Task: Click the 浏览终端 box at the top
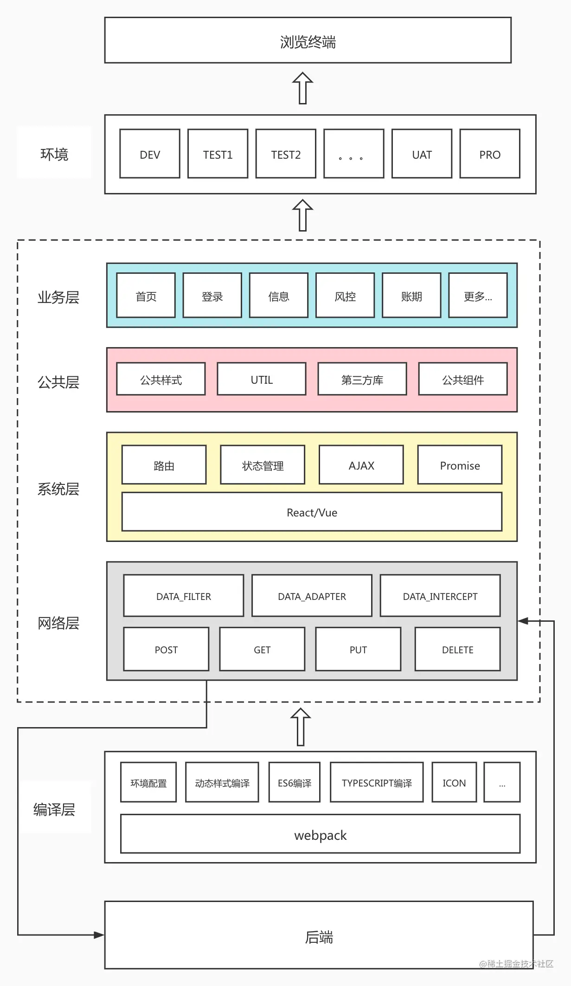click(x=308, y=41)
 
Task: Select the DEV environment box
click(x=150, y=154)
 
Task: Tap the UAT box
click(x=422, y=154)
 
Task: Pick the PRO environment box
click(x=490, y=154)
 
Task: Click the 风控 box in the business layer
click(x=345, y=296)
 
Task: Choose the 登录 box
click(x=212, y=296)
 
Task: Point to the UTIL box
click(x=262, y=379)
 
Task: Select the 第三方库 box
click(x=362, y=379)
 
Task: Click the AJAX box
click(x=361, y=465)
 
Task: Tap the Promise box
click(x=460, y=465)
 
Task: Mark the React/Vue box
click(x=312, y=512)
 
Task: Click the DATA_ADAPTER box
click(x=312, y=596)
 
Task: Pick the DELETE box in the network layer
click(x=457, y=649)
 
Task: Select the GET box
click(x=262, y=649)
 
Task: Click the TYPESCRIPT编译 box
click(x=377, y=782)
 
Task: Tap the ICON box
click(x=454, y=782)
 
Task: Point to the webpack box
click(x=320, y=834)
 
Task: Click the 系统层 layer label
click(x=58, y=489)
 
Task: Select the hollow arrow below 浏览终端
click(x=302, y=88)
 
